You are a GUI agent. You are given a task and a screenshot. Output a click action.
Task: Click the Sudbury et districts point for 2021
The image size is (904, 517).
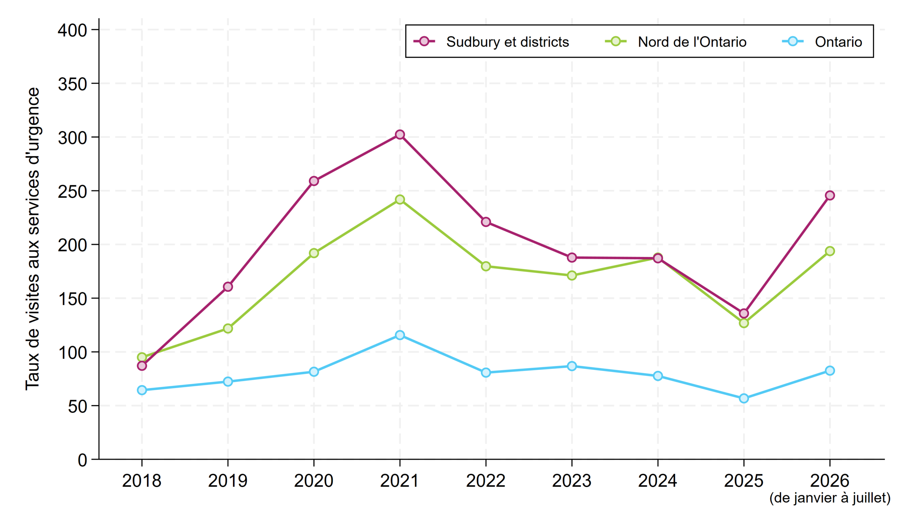(x=400, y=135)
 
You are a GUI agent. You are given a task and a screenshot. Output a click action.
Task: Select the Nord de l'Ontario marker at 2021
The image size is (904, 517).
(x=400, y=200)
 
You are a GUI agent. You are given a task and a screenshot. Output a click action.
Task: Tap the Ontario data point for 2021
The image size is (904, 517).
(x=400, y=335)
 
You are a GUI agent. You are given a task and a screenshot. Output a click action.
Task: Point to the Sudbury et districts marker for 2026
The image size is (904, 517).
(x=830, y=196)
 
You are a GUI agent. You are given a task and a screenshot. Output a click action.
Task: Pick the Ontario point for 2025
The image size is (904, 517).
(x=744, y=398)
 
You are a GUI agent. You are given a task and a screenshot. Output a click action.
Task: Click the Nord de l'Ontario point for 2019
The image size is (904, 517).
(x=228, y=328)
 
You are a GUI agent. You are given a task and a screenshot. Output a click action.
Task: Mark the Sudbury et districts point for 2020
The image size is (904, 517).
(x=314, y=181)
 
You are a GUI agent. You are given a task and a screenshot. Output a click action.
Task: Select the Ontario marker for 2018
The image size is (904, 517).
(x=142, y=390)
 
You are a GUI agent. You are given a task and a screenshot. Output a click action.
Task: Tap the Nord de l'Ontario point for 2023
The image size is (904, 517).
(x=572, y=276)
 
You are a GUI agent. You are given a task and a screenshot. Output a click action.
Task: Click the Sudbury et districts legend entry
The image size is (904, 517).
(x=492, y=42)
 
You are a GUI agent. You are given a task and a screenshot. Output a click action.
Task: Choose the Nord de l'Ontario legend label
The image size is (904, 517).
(x=692, y=42)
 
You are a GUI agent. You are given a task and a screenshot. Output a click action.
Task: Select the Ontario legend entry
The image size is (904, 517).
(x=822, y=42)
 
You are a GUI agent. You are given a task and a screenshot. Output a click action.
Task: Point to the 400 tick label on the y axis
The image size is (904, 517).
(x=72, y=30)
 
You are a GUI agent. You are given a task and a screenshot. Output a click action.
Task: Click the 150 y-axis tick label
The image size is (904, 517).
(x=72, y=299)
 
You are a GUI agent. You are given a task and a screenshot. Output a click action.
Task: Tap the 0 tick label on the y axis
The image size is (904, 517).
(x=82, y=460)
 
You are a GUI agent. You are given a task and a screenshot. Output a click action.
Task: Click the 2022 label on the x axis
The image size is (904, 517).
(x=486, y=481)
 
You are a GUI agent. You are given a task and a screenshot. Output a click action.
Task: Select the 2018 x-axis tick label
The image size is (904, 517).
(x=142, y=481)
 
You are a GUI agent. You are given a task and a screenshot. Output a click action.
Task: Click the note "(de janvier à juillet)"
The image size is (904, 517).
(x=830, y=498)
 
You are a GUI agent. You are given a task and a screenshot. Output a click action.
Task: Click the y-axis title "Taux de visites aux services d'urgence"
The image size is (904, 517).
(x=32, y=239)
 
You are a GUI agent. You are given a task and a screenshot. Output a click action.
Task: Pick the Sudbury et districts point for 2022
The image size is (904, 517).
(x=486, y=222)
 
